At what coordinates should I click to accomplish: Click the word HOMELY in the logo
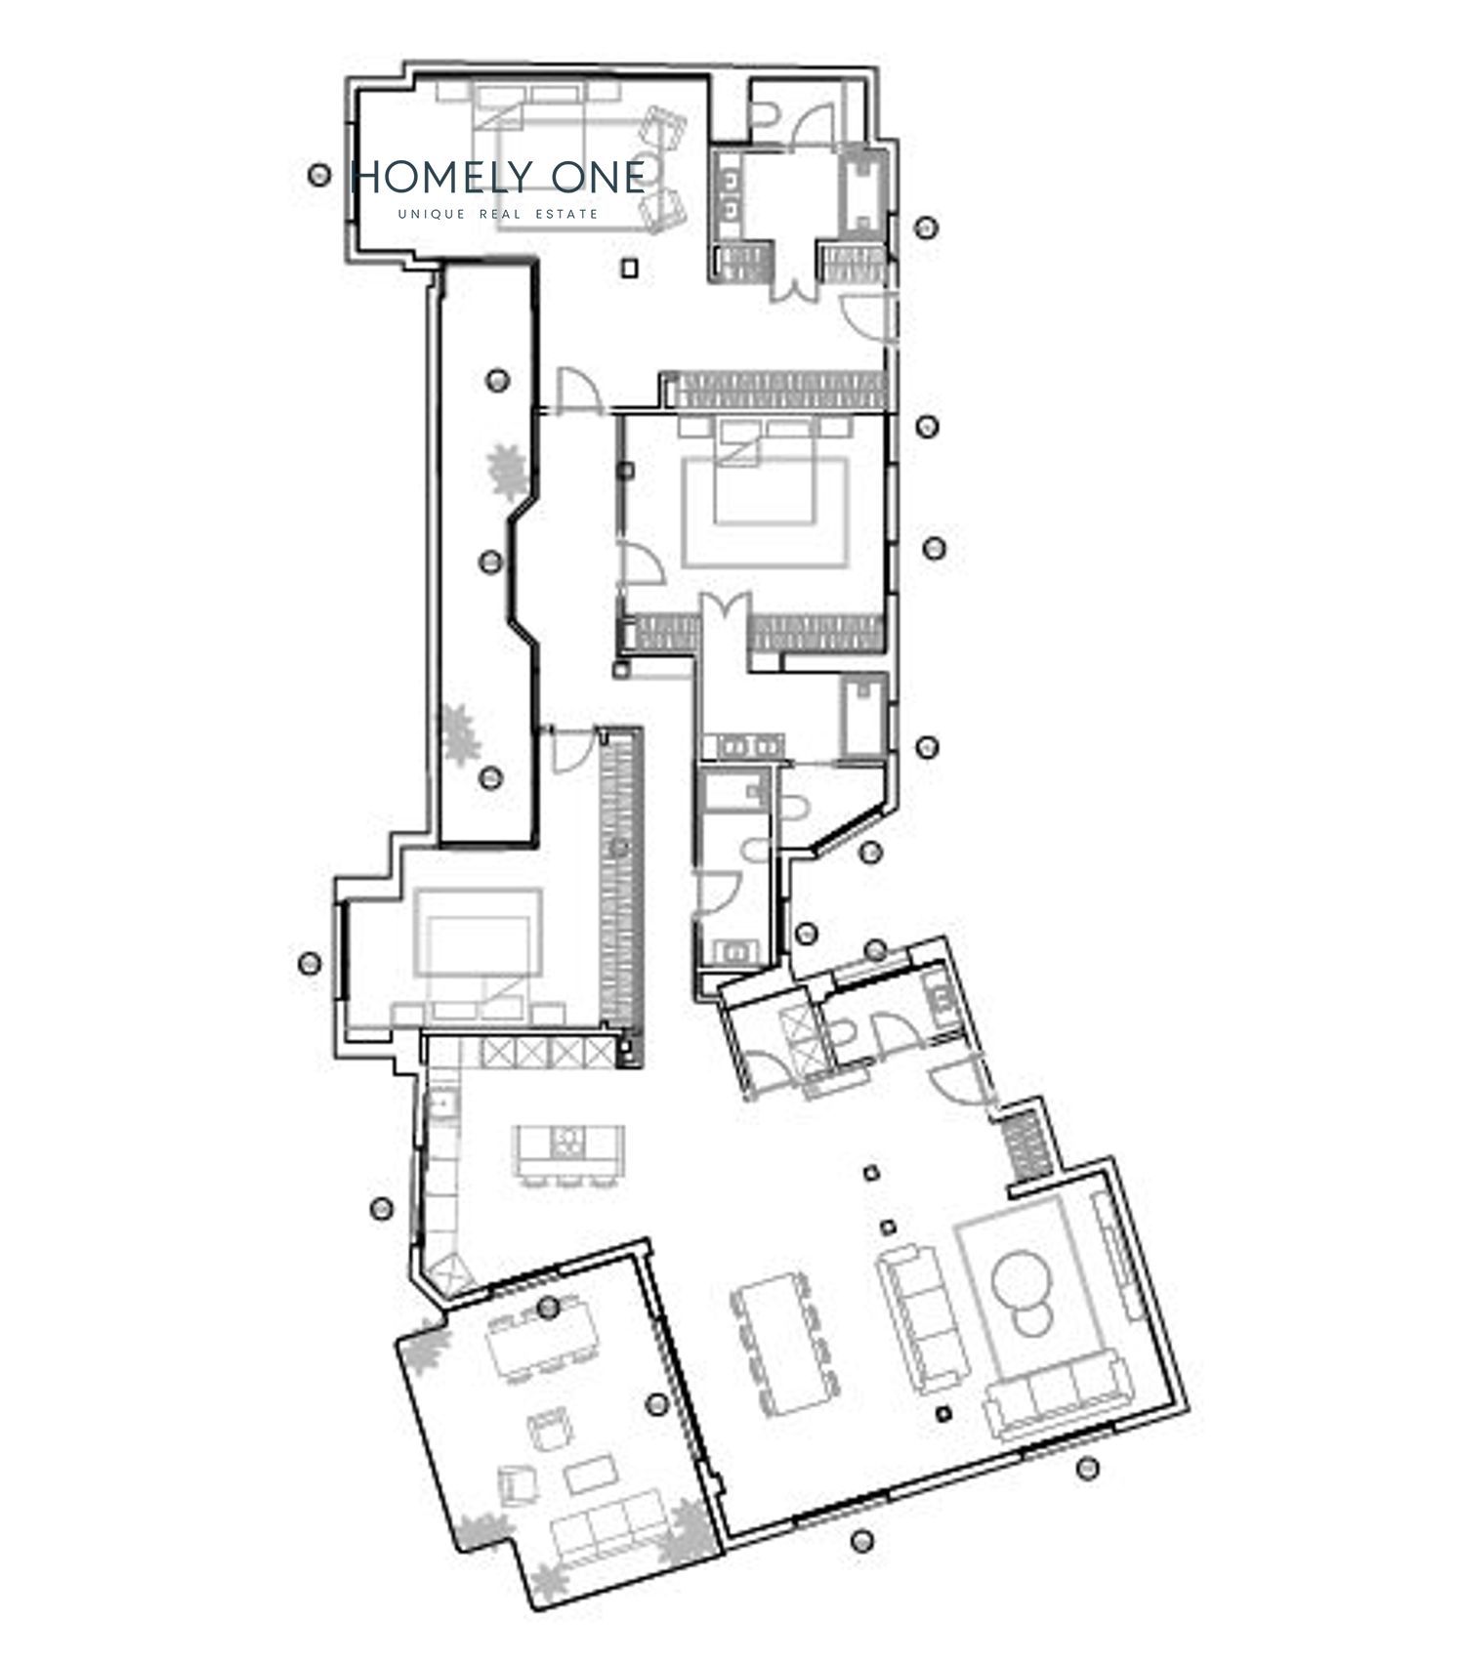[442, 177]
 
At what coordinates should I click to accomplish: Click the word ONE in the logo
[598, 177]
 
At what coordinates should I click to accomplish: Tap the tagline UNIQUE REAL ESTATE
[498, 214]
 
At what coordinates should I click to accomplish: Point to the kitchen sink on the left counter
[441, 1102]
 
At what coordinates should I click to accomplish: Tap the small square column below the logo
[632, 266]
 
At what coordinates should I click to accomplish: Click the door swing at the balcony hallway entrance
[576, 390]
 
